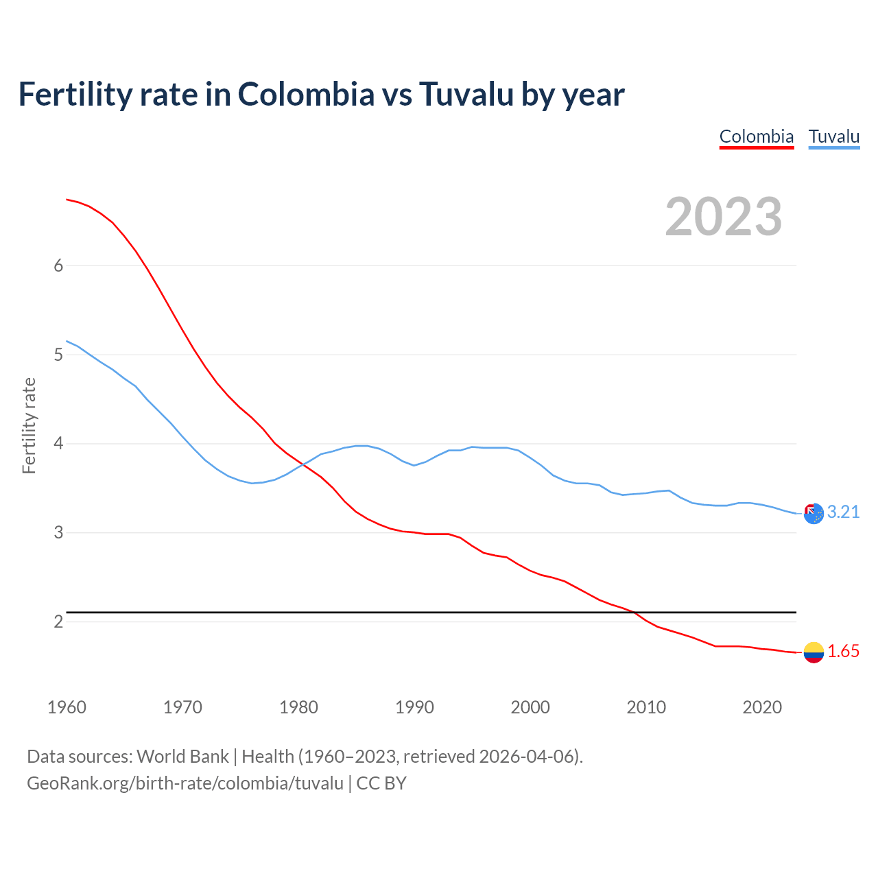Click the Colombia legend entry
(x=756, y=137)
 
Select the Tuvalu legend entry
(x=833, y=137)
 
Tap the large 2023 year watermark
(x=723, y=217)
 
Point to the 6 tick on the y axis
(x=58, y=266)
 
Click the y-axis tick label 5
(x=58, y=355)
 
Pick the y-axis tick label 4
(x=58, y=444)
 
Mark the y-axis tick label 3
(x=58, y=533)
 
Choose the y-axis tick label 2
(x=58, y=622)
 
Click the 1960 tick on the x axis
(x=67, y=707)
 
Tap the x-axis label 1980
(x=298, y=707)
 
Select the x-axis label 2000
(x=530, y=707)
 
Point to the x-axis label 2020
(x=762, y=707)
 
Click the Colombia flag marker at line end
(x=814, y=652)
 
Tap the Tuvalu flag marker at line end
(x=814, y=513)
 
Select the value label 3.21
(x=843, y=512)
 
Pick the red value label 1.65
(x=843, y=652)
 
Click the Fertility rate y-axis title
(x=29, y=425)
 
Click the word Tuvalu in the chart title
(x=466, y=94)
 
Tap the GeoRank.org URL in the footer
(x=185, y=783)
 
